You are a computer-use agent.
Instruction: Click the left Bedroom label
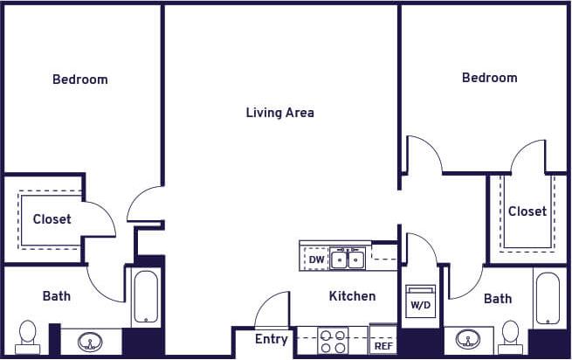pyautogui.click(x=80, y=80)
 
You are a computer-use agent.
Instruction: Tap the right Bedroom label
pyautogui.click(x=489, y=78)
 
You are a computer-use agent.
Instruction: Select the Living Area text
pyautogui.click(x=279, y=113)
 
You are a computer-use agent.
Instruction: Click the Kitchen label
pyautogui.click(x=352, y=296)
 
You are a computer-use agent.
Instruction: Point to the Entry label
pyautogui.click(x=271, y=339)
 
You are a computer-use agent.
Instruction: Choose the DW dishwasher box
pyautogui.click(x=316, y=260)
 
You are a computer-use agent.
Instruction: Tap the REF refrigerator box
pyautogui.click(x=382, y=343)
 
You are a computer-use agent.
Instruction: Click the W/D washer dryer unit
pyautogui.click(x=421, y=301)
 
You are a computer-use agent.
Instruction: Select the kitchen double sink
pyautogui.click(x=348, y=259)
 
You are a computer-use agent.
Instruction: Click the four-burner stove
pyautogui.click(x=333, y=341)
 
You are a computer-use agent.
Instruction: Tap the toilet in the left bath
pyautogui.click(x=28, y=336)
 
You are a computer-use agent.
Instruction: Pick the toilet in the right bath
pyautogui.click(x=511, y=336)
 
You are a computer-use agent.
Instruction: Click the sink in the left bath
pyautogui.click(x=90, y=341)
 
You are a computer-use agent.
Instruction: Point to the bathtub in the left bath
pyautogui.click(x=146, y=297)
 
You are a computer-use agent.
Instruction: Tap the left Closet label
pyautogui.click(x=52, y=219)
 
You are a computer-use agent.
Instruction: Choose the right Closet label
pyautogui.click(x=527, y=211)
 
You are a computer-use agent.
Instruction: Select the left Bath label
pyautogui.click(x=57, y=296)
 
